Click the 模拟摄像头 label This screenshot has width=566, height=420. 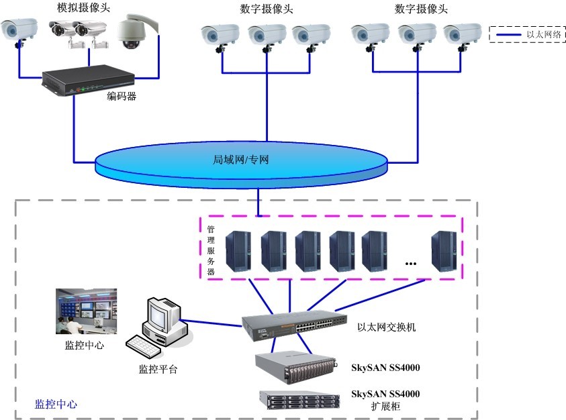tap(84, 7)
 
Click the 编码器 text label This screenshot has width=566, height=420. tap(122, 96)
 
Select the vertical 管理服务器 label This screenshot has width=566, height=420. tap(211, 251)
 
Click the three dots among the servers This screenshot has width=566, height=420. tap(411, 264)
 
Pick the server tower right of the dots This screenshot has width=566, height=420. tap(444, 250)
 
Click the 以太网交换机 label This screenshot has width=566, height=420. tap(387, 327)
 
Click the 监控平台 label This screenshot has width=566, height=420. tap(158, 369)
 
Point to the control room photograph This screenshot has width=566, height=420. tap(86, 311)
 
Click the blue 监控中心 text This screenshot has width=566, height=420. tap(56, 405)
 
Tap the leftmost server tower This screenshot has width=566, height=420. tap(238, 250)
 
